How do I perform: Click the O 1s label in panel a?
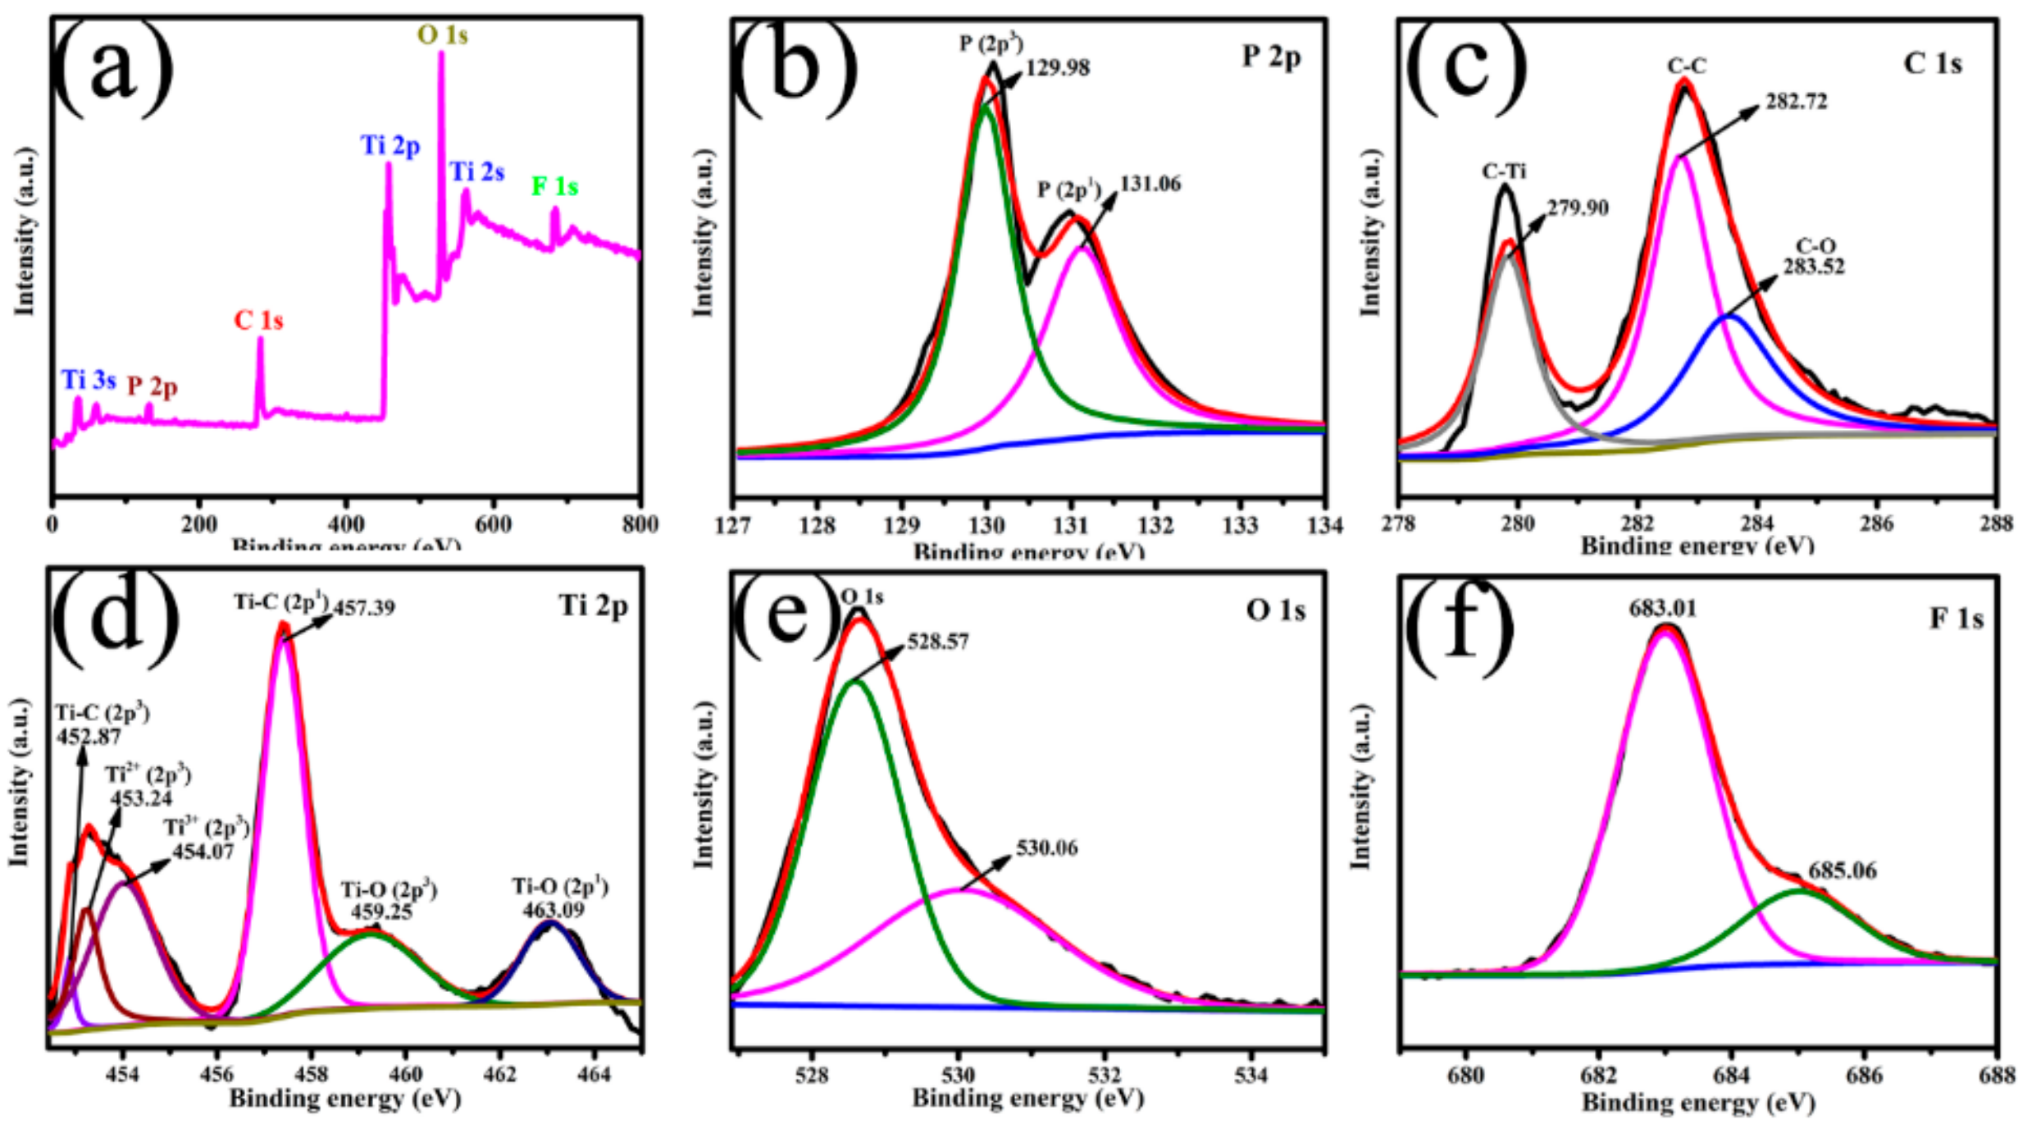pos(443,35)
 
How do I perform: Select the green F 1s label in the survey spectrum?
pos(554,187)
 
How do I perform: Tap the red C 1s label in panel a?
pos(258,321)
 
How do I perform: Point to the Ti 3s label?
pos(89,381)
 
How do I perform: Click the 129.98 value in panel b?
pos(1058,67)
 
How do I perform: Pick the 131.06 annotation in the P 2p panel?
pos(1150,184)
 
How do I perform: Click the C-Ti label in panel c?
pos(1504,171)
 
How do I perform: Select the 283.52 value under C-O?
pos(1814,267)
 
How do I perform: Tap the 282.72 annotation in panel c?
pos(1797,102)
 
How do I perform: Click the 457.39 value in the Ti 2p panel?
pos(364,608)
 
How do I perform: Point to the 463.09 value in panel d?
pos(553,909)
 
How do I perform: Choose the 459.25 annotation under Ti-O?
pos(382,912)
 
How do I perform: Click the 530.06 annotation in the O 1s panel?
pos(1047,848)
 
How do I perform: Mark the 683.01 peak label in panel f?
pos(1663,609)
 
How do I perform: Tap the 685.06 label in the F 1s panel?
pos(1843,870)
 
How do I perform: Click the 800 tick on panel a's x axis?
pos(640,524)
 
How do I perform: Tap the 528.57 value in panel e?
pos(938,642)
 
